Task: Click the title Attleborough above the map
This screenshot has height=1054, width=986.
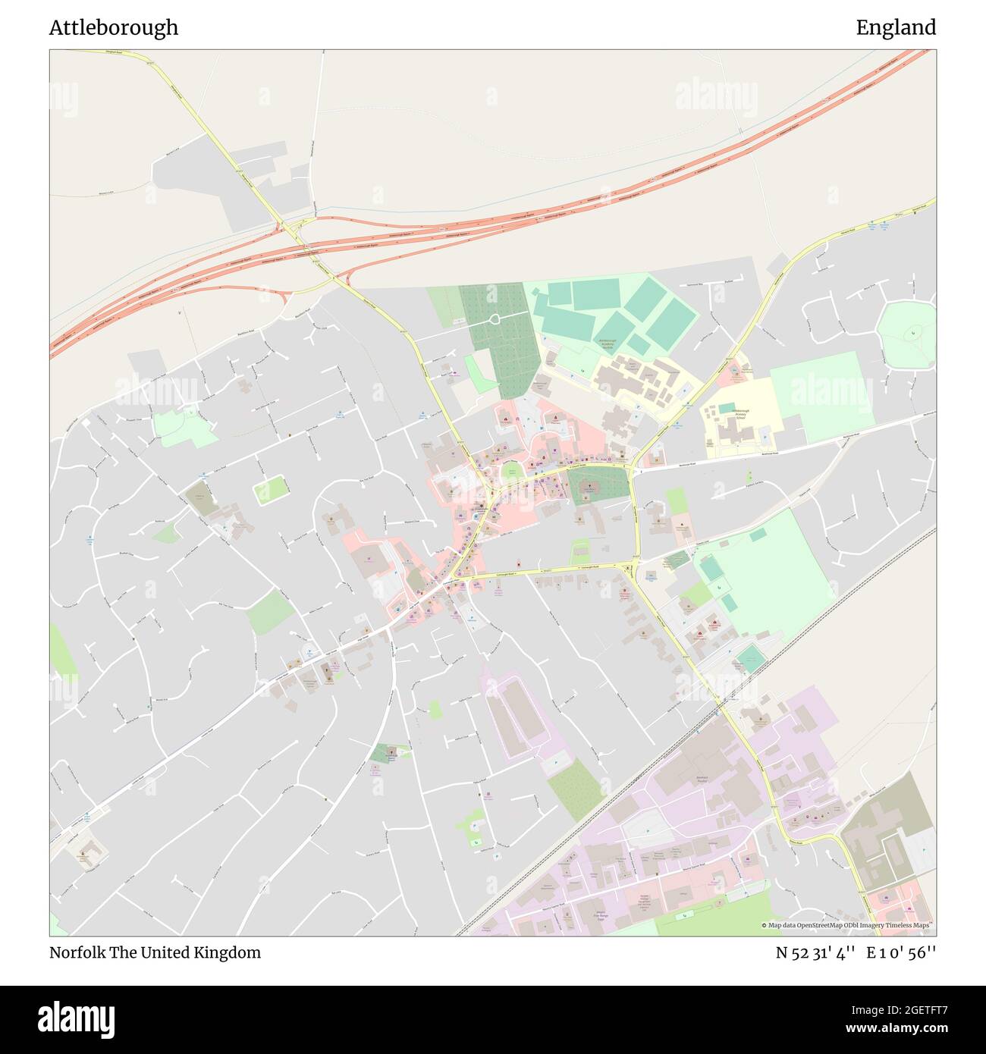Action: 114,27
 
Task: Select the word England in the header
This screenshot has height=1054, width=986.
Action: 896,27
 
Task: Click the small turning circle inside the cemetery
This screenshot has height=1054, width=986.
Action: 495,319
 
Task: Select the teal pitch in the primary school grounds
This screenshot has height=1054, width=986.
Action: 727,408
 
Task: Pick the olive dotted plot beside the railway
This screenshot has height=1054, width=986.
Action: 573,789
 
